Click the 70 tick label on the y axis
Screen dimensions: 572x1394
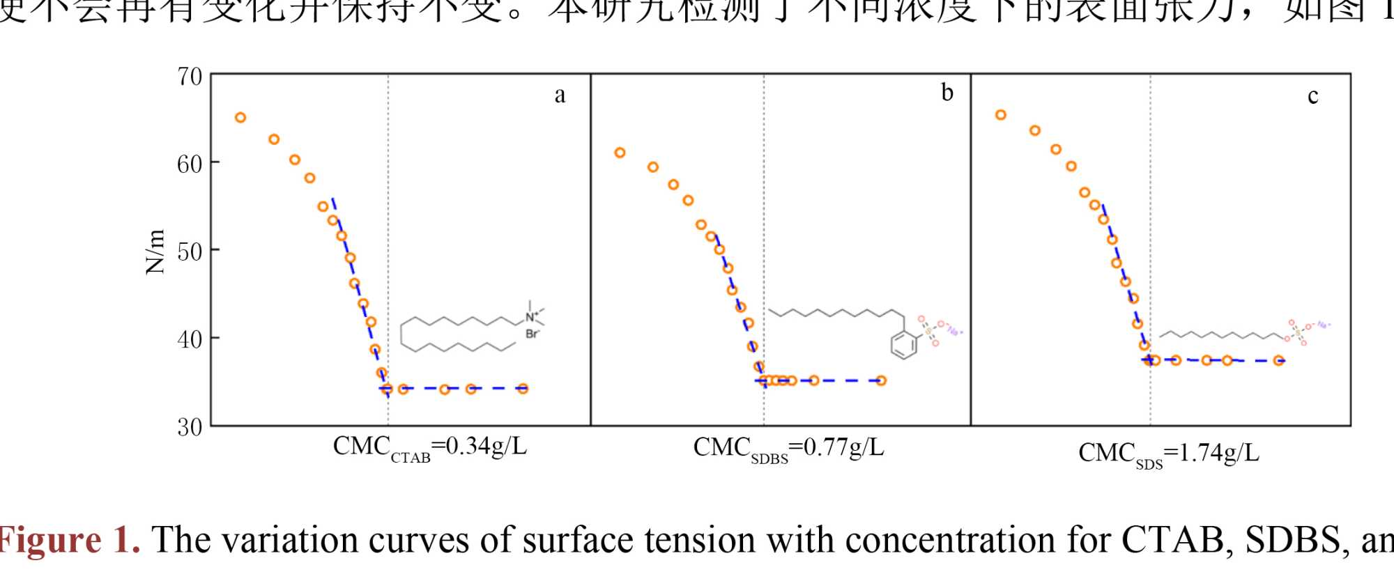pos(190,77)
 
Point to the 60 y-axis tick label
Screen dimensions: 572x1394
pos(190,164)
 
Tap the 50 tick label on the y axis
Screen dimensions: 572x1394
pos(190,252)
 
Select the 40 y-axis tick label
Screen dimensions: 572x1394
pos(190,339)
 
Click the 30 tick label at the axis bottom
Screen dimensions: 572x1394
pos(190,426)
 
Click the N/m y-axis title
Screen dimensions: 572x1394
pos(155,252)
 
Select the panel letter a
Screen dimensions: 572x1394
pos(560,95)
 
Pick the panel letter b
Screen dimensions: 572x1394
pos(947,93)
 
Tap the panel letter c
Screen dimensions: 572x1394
pos(1312,96)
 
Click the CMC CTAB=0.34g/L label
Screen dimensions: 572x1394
pos(429,447)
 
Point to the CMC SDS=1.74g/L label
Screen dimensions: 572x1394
pos(1169,454)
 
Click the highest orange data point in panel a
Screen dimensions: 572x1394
pos(240,118)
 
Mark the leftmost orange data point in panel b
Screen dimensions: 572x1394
pos(620,153)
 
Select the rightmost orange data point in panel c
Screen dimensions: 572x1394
pos(1279,361)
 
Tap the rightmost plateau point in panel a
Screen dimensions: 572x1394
pos(523,389)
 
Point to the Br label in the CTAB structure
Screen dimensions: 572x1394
pos(532,334)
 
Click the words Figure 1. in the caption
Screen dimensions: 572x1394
pos(70,541)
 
